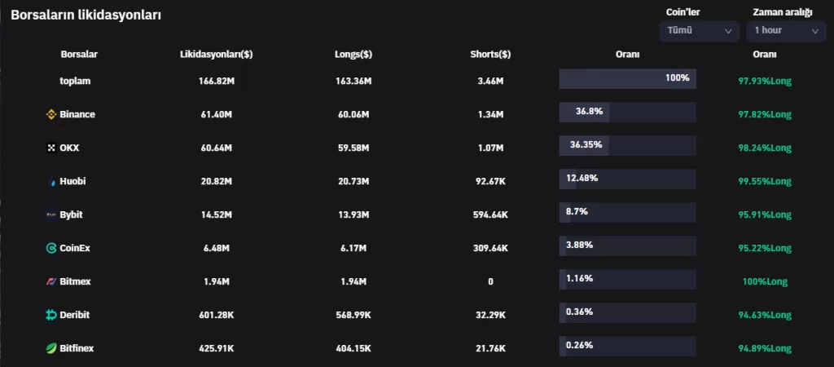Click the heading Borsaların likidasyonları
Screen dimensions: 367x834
click(x=86, y=15)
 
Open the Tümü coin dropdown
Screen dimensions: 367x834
click(x=699, y=30)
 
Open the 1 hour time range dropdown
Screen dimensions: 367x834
click(x=786, y=30)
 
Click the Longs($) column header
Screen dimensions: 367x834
click(x=353, y=55)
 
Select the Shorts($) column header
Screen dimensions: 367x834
click(x=490, y=55)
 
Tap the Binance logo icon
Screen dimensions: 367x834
click(x=51, y=114)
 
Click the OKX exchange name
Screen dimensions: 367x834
click(x=69, y=148)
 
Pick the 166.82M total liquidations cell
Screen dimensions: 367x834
click(x=216, y=81)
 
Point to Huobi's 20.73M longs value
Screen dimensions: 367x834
click(x=353, y=181)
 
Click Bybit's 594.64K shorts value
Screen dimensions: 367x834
click(x=490, y=214)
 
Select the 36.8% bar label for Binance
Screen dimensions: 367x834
click(x=588, y=111)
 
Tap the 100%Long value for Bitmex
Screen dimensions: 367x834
click(x=765, y=281)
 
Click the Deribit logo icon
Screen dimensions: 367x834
click(x=51, y=315)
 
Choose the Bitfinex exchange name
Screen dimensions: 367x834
click(x=77, y=348)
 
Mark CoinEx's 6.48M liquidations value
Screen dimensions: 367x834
click(x=216, y=248)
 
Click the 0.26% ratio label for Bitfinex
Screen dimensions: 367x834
click(x=579, y=345)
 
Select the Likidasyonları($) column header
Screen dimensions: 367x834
click(x=216, y=55)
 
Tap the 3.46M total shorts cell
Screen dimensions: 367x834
click(x=490, y=81)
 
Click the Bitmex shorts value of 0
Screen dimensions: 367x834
click(x=490, y=281)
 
